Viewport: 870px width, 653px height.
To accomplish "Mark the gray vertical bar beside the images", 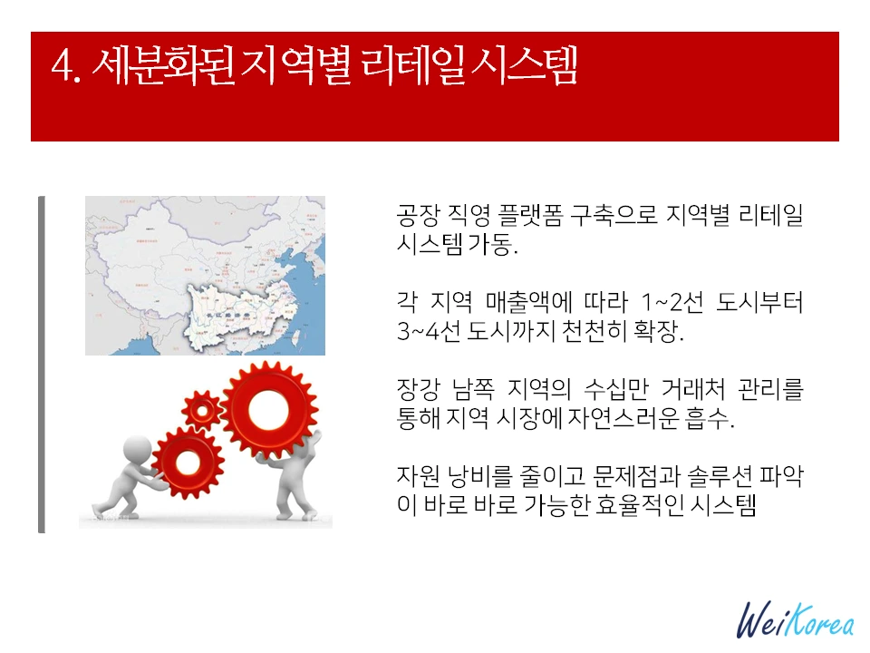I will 41,363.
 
